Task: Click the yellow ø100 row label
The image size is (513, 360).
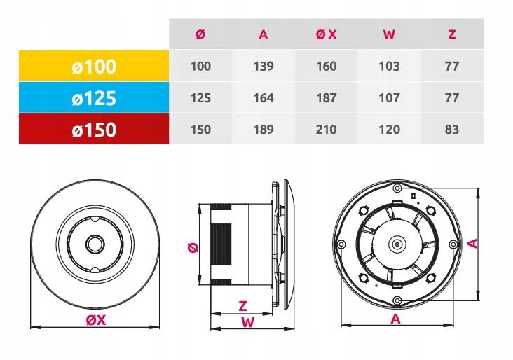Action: [93, 67]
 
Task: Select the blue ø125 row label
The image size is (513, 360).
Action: [93, 98]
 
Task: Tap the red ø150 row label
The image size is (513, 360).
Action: [93, 129]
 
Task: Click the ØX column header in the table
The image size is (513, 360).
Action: [327, 34]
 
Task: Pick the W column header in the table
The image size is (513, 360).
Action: [389, 34]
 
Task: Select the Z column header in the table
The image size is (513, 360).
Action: [452, 34]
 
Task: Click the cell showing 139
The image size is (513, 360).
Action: [264, 67]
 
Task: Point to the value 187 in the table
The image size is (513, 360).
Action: [327, 98]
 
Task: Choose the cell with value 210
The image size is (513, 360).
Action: [327, 130]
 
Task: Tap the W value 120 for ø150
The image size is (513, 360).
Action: [389, 130]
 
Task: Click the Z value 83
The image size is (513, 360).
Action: [452, 130]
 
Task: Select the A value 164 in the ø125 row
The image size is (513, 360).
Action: [264, 98]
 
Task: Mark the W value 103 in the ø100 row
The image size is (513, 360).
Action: [389, 67]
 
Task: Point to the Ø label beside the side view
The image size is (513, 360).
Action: [193, 247]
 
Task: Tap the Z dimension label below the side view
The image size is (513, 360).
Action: [242, 305]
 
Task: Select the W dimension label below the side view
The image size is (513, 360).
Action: [246, 322]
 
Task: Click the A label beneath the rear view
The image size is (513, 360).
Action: [395, 319]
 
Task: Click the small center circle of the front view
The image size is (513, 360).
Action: [94, 244]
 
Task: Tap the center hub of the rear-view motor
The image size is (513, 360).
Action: [397, 245]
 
